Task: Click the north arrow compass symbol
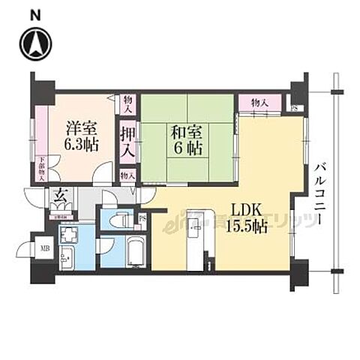point(35,43)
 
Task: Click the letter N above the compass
point(35,13)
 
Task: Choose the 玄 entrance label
point(58,198)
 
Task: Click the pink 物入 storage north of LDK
point(259,101)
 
